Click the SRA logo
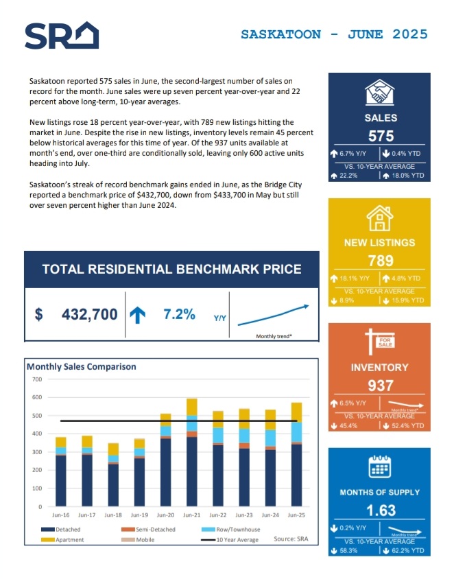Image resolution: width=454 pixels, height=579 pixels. (x=61, y=36)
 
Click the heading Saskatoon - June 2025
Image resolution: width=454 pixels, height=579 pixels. (x=334, y=34)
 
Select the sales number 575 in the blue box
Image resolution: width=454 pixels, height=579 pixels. (x=380, y=137)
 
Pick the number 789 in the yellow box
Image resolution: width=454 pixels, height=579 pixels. (x=380, y=261)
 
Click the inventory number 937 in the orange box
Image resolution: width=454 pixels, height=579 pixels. (x=380, y=386)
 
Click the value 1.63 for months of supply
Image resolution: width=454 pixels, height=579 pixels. (x=380, y=510)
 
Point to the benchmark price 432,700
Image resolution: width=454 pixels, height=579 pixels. (x=89, y=315)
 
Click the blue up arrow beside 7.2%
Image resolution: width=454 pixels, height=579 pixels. (x=138, y=315)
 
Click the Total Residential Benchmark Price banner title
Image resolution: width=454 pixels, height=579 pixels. (x=171, y=269)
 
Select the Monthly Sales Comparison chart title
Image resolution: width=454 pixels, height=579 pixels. (x=82, y=366)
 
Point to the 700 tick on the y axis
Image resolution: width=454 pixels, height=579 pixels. (x=36, y=379)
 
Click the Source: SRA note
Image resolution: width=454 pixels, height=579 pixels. (x=291, y=539)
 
